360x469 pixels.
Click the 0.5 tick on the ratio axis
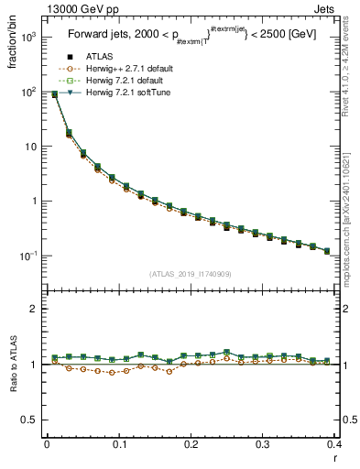pos(32,420)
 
